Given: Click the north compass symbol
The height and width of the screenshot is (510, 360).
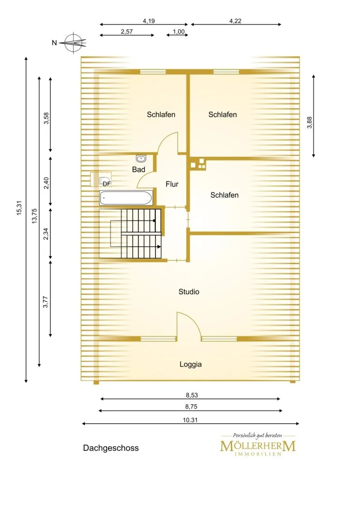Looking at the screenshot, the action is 75,42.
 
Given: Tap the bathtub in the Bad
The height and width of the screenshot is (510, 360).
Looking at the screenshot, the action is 126,198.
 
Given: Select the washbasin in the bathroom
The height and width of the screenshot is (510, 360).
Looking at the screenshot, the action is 142,159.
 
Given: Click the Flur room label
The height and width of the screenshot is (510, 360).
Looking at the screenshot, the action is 172,184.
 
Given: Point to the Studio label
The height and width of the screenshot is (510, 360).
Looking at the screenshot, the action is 189,292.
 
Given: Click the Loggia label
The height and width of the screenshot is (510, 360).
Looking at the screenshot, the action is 191,364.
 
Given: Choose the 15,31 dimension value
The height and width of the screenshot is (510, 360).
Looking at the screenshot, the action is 19,208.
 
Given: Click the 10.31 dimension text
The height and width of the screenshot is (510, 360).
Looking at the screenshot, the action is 190,420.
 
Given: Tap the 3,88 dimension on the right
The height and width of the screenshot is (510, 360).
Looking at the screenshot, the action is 309,122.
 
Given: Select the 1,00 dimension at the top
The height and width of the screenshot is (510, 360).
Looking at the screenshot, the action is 179,31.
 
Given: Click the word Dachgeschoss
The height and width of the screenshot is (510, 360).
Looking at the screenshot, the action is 111,448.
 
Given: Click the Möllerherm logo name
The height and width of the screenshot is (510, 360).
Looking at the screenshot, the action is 258,446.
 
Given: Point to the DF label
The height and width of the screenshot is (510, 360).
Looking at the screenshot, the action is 106,184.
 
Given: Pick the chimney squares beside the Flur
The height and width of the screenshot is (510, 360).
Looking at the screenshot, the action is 198,164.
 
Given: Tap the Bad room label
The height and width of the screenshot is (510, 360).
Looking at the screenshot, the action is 139,169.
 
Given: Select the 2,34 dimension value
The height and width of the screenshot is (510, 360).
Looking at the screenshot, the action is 46,234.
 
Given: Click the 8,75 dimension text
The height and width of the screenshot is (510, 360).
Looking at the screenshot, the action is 191,407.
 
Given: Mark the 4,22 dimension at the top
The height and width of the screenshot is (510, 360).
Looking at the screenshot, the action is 235,21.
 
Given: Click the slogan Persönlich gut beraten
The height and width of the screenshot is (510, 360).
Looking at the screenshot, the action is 257,435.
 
